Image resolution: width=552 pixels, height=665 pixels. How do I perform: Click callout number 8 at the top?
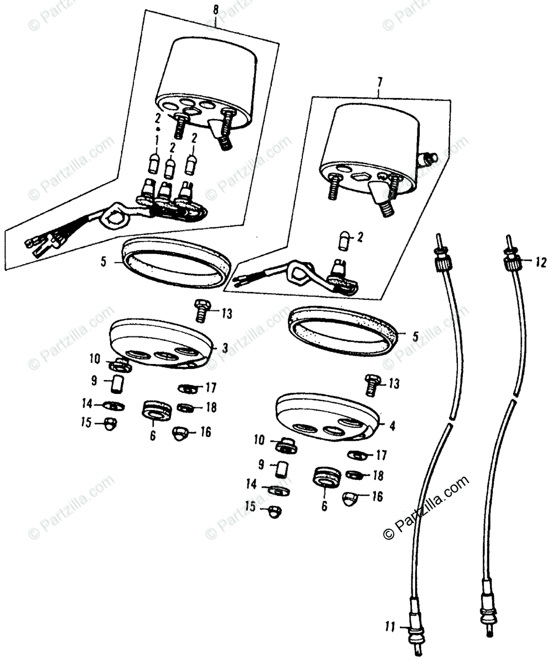click(x=215, y=9)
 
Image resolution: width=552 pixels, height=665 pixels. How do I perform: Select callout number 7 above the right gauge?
click(x=379, y=83)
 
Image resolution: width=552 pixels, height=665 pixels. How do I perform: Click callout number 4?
click(x=392, y=426)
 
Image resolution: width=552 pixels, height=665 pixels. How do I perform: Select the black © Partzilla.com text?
click(x=426, y=507)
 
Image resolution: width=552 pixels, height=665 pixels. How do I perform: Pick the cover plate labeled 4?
click(x=327, y=417)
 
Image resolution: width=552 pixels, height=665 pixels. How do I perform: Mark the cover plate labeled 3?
click(x=161, y=342)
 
